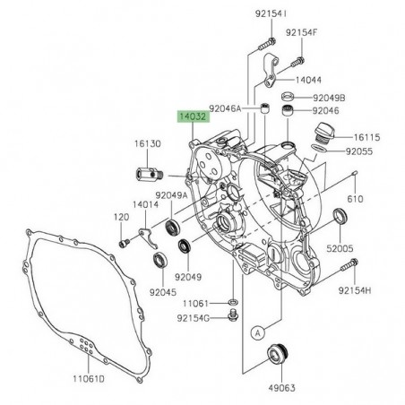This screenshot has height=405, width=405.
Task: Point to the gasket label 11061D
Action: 90,377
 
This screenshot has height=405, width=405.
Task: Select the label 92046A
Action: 227,108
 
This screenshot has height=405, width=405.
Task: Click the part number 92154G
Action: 194,317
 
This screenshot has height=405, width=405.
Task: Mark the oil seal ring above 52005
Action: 341,216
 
